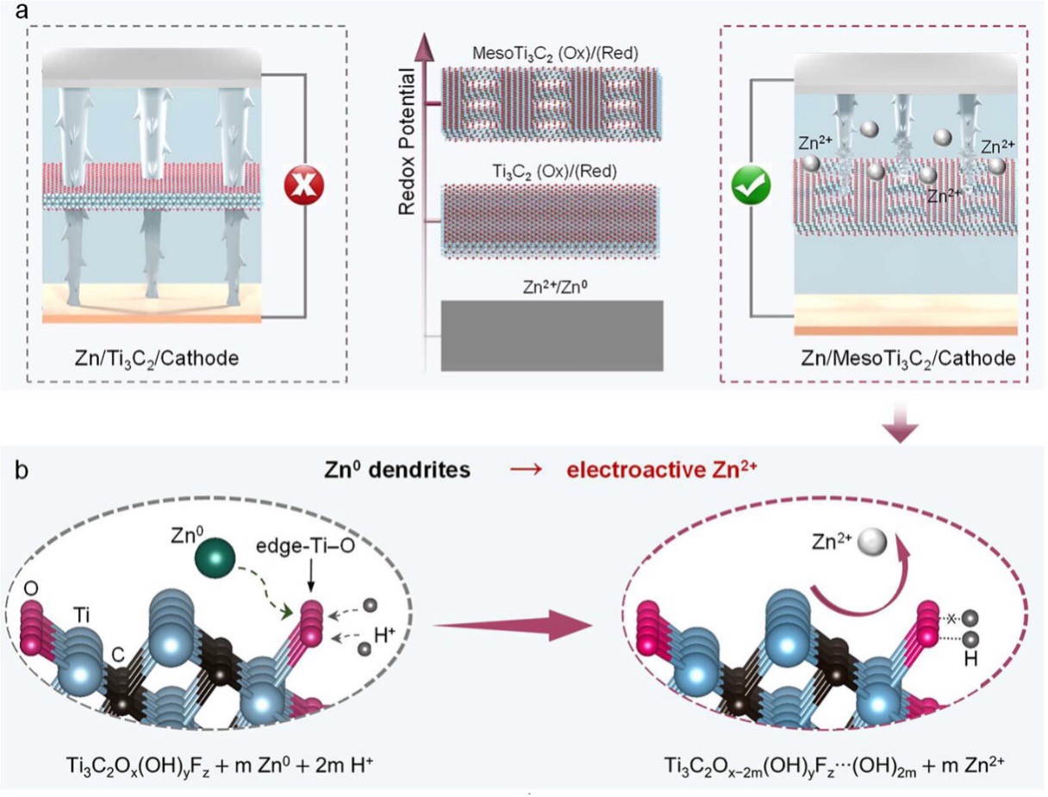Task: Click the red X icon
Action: pos(303,184)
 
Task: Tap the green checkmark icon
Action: pos(751,185)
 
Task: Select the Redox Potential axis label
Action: pos(407,141)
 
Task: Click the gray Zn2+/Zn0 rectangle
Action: pos(552,335)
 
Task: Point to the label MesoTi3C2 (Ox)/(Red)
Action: pos(555,53)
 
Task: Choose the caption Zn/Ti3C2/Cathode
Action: pos(157,358)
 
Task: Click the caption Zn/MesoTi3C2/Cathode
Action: pos(908,358)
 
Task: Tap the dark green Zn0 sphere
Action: pos(215,557)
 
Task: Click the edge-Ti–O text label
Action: pos(306,546)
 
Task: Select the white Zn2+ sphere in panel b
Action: pos(872,542)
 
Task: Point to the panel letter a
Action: pos(22,10)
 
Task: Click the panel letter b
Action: pos(22,470)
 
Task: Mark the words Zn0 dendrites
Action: pos(397,470)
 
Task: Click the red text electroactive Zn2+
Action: pos(662,470)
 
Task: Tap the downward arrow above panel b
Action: pos(900,422)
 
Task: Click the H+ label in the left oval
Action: pos(384,636)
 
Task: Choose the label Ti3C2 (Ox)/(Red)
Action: pos(555,171)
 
